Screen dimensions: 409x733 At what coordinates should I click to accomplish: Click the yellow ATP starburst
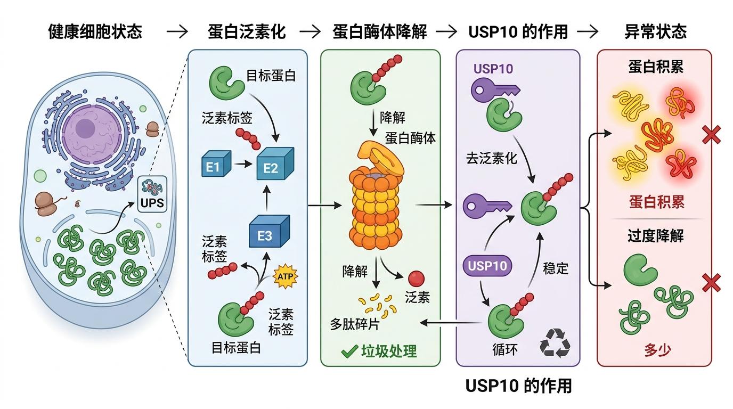[x=285, y=276]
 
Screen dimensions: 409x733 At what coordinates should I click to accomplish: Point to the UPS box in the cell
[x=152, y=194]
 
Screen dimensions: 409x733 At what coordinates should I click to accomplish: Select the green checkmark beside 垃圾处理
[x=349, y=351]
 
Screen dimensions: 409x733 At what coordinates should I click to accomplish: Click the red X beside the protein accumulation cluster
[x=711, y=135]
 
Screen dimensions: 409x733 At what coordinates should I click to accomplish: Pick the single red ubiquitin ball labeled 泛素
[x=416, y=278]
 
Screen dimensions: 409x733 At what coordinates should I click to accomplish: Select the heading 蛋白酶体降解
[x=380, y=31]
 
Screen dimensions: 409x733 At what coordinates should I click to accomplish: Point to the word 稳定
[x=555, y=268]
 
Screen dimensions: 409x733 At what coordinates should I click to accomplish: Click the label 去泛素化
[x=491, y=158]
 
